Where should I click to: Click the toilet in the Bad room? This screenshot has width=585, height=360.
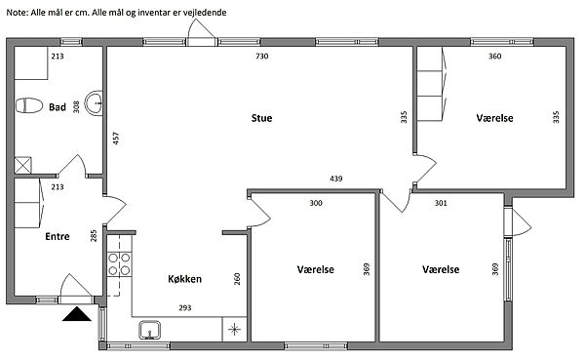(28, 105)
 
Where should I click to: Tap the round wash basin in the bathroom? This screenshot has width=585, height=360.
(94, 102)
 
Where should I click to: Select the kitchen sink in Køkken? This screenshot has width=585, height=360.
(150, 330)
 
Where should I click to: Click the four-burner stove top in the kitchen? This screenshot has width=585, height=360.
(119, 263)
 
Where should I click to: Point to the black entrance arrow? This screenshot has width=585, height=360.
(77, 314)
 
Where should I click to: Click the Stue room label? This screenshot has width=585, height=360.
(261, 118)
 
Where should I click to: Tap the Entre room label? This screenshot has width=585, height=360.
(58, 236)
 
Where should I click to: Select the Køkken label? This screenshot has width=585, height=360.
(184, 279)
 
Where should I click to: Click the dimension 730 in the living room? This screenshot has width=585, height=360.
(262, 57)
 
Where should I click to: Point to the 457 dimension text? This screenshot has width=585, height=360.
(116, 139)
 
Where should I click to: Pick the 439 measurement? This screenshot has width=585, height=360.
(336, 179)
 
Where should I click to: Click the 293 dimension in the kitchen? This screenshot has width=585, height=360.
(185, 308)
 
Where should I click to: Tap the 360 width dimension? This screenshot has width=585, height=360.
(494, 57)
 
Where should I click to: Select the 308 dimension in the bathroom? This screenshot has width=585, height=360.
(76, 107)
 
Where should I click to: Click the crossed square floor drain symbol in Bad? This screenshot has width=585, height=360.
(22, 165)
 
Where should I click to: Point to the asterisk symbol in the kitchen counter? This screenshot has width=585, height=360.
(234, 330)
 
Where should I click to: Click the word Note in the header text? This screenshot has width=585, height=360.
(18, 13)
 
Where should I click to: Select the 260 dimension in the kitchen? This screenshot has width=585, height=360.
(237, 279)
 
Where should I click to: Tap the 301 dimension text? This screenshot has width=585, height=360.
(441, 203)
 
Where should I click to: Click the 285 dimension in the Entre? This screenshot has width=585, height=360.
(94, 235)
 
